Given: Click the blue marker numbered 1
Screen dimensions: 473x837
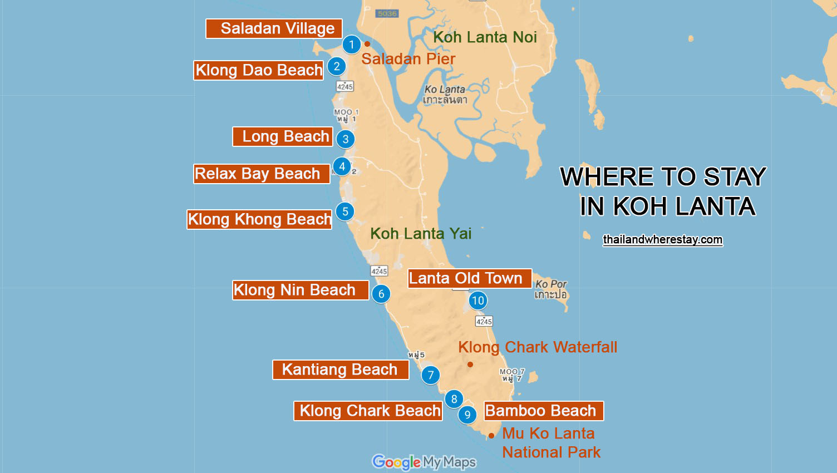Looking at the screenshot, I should pyautogui.click(x=351, y=45).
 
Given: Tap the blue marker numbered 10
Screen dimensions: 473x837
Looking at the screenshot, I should pyautogui.click(x=477, y=301).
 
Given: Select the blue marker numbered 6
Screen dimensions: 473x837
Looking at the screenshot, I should pyautogui.click(x=381, y=294).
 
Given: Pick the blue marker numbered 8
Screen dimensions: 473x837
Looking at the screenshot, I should pyautogui.click(x=454, y=399).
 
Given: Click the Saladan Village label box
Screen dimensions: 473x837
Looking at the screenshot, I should pyautogui.click(x=274, y=29).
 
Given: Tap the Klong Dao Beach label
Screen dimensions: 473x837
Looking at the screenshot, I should pyautogui.click(x=259, y=70).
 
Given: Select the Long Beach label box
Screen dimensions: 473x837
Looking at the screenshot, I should pyautogui.click(x=283, y=136).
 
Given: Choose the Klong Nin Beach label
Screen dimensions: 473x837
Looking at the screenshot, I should pyautogui.click(x=301, y=290).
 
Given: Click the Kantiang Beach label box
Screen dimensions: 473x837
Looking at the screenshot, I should pyautogui.click(x=341, y=369).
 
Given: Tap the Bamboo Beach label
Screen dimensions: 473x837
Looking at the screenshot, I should pyautogui.click(x=544, y=411).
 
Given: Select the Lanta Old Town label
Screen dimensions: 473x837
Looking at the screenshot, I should pyautogui.click(x=469, y=278).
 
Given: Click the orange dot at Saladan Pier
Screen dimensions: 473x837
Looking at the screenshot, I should pyautogui.click(x=367, y=44).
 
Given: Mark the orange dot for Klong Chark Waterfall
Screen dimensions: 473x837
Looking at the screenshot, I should pyautogui.click(x=470, y=364).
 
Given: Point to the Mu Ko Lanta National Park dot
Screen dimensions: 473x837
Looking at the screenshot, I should pyautogui.click(x=491, y=436).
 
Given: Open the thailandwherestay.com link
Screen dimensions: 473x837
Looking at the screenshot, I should pyautogui.click(x=662, y=240).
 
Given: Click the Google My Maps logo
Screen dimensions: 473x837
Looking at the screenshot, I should pyautogui.click(x=424, y=462).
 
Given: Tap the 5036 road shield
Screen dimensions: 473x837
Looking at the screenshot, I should pyautogui.click(x=387, y=13).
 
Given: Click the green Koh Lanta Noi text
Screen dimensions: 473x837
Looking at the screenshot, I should pyautogui.click(x=485, y=37).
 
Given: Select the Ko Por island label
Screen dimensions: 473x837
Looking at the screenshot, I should pyautogui.click(x=550, y=289).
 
